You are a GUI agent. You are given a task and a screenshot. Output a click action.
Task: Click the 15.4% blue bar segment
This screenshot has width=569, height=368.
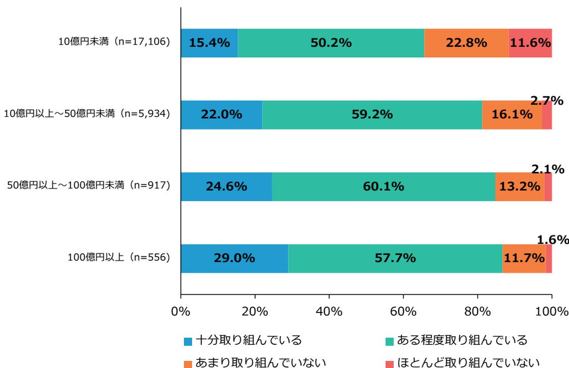[x=209, y=43]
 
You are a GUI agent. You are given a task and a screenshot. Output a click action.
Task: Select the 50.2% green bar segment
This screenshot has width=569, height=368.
[x=330, y=43]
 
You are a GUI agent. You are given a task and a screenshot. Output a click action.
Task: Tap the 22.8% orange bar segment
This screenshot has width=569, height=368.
[x=466, y=43]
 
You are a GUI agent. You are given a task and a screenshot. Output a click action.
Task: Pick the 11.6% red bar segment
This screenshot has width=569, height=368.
[x=530, y=43]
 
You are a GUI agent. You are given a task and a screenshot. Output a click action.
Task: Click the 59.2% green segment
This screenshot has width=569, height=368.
[x=372, y=115]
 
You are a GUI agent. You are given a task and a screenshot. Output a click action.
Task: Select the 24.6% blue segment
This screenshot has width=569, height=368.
[x=226, y=187]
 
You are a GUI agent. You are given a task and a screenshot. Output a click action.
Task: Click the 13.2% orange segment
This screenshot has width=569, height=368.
[x=519, y=187]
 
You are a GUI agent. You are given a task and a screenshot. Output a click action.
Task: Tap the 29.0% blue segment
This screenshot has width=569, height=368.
[x=234, y=259]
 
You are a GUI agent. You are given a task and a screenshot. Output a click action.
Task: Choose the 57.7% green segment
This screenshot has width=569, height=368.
[x=395, y=259]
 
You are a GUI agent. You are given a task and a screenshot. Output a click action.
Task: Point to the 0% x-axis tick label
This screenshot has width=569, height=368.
[x=181, y=310]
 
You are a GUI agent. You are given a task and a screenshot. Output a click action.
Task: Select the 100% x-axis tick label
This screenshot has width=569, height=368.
[x=552, y=310]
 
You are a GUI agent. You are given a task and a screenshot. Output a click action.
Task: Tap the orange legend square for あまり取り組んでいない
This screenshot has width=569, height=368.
[x=188, y=362]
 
